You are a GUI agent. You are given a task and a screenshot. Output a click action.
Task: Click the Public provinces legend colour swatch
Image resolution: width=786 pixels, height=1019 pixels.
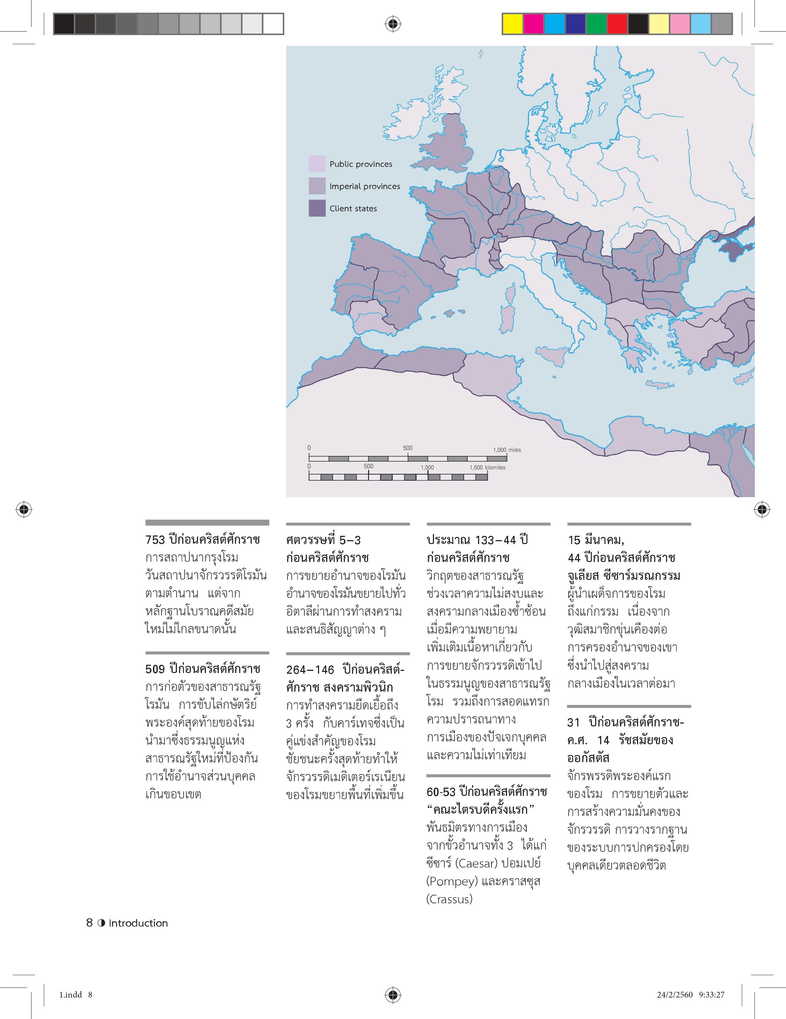[x=317, y=164]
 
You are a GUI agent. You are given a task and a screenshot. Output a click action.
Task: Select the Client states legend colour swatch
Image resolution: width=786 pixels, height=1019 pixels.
[x=317, y=208]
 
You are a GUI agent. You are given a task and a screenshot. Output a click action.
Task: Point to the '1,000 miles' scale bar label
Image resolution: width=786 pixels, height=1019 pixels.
[x=507, y=450]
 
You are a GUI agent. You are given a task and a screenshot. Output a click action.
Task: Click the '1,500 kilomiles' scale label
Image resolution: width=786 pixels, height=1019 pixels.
[x=487, y=467]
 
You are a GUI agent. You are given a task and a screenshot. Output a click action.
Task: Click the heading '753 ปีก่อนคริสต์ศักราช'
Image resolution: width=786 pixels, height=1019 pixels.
[x=202, y=540]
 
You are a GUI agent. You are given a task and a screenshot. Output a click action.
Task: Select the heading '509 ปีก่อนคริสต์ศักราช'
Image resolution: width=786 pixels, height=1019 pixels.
[x=202, y=669]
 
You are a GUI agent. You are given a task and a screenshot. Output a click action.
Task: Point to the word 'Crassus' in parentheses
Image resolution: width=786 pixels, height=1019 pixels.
[x=449, y=899]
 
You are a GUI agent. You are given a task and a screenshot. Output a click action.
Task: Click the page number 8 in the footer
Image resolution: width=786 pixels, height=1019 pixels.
[x=90, y=923]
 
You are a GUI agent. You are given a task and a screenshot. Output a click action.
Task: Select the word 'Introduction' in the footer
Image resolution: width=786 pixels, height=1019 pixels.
[x=138, y=923]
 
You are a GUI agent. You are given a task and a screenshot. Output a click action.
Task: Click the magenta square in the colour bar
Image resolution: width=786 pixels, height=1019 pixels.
[x=534, y=24]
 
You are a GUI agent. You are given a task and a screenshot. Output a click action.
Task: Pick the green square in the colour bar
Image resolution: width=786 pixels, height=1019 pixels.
[x=596, y=24]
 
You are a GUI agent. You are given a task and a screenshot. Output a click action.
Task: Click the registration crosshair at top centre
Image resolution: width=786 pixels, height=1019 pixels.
[x=393, y=23]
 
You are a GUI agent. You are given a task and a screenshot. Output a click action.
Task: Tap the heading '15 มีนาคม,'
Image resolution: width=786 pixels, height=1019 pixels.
[x=596, y=540]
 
